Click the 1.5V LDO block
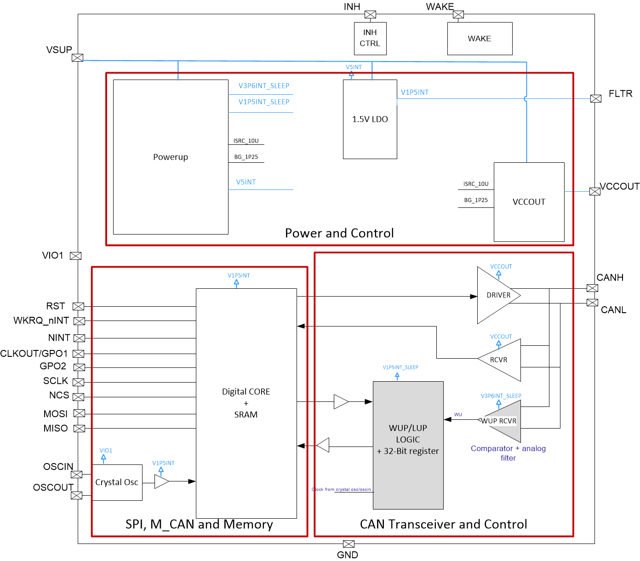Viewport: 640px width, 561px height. (370, 119)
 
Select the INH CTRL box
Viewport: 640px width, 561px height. (370, 38)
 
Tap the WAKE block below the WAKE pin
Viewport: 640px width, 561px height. (480, 39)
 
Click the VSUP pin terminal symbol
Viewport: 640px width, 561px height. (78, 57)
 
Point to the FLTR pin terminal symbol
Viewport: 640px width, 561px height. (595, 98)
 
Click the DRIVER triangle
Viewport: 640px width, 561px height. (497, 295)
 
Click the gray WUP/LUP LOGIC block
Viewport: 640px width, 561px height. (408, 445)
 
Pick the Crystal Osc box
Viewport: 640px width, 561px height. (117, 482)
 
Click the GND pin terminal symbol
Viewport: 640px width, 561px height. (349, 544)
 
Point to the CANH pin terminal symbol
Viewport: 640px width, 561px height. (592, 288)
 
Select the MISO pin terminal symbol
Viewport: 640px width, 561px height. (79, 429)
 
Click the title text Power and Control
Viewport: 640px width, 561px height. (339, 233)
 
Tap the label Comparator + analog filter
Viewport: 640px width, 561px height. (508, 453)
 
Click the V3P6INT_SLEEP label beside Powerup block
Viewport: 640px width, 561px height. (263, 86)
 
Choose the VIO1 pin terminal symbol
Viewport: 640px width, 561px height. (75, 256)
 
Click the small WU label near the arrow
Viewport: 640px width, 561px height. (458, 415)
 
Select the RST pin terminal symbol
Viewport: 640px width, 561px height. (79, 306)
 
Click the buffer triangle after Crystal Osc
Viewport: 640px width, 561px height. (161, 481)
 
